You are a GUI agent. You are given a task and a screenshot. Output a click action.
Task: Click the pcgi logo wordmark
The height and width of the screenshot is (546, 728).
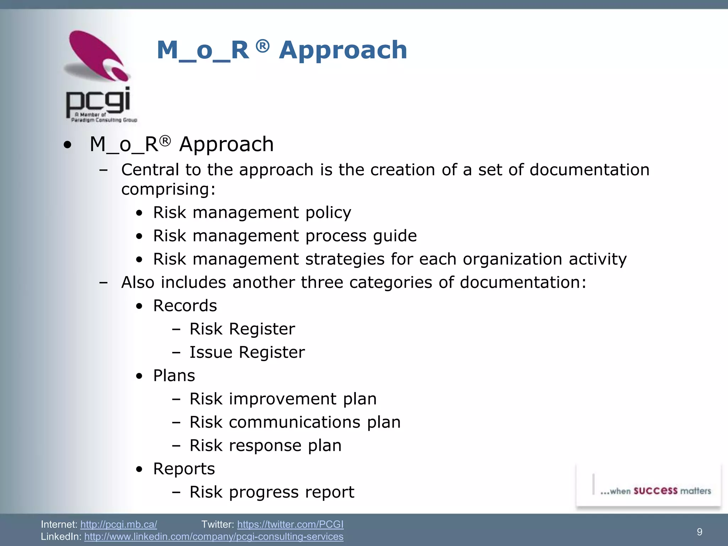98,101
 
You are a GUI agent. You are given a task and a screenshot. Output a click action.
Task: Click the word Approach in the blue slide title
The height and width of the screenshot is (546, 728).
343,50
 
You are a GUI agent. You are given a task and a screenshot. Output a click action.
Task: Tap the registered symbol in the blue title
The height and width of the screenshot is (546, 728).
262,46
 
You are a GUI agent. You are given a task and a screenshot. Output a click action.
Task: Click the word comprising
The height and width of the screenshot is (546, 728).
168,189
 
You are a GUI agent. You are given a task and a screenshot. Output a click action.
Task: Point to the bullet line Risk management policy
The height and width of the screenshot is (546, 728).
252,213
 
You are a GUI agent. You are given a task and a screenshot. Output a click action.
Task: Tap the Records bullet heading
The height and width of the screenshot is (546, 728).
185,306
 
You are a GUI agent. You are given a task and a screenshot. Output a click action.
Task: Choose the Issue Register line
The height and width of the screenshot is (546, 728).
247,353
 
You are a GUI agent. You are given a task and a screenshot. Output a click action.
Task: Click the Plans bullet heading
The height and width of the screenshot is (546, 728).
174,376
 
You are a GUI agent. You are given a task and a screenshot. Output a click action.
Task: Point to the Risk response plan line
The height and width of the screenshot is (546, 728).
265,446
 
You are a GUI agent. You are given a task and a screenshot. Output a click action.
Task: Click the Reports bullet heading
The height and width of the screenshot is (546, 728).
184,469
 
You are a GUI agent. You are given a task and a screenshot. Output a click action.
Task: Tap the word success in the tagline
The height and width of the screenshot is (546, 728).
655,491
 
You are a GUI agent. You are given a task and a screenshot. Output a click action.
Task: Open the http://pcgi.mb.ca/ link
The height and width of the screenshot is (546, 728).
118,524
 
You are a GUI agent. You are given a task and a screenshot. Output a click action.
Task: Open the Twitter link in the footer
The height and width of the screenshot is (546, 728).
290,524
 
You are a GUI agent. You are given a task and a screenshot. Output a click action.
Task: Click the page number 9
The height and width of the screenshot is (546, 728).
699,532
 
